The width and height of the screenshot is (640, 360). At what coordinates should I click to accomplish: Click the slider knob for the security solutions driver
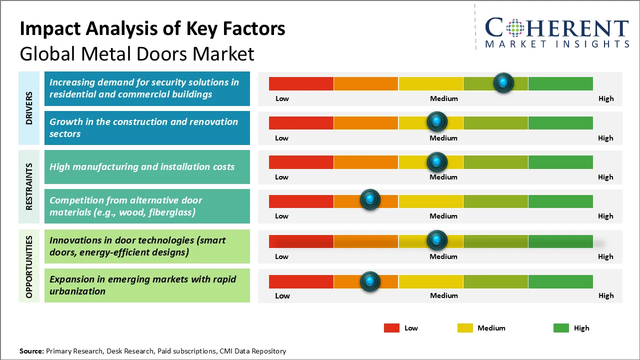503,82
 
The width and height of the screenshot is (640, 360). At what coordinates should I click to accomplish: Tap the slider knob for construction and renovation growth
437,121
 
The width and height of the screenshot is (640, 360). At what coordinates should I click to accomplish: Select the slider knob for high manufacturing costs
437,161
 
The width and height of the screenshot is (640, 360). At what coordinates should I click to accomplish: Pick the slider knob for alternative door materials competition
370,199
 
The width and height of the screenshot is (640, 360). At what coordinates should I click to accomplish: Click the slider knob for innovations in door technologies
437,240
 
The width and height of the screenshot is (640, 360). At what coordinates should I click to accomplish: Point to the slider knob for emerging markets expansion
370,281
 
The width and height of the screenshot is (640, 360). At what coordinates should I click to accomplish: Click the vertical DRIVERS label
29,108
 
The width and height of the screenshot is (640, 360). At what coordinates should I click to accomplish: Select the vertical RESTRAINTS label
29,186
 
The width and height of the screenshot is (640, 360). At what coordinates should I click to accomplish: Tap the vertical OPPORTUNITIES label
29,266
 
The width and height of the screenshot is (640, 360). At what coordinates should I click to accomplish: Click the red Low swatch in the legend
391,328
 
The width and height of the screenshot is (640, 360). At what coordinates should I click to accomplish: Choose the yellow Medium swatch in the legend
465,328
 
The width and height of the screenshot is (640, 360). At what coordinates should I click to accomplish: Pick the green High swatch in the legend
561,328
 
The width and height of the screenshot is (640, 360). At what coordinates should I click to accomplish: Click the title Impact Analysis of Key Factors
152,28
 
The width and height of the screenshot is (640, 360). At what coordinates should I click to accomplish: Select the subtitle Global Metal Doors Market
137,53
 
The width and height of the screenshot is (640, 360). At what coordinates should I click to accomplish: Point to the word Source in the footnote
31,351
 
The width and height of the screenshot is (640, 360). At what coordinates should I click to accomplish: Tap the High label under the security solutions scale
605,98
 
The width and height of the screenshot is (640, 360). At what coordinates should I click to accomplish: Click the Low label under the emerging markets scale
282,295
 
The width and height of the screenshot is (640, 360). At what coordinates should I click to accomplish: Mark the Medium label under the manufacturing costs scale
443,177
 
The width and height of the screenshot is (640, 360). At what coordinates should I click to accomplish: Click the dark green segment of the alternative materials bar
560,201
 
